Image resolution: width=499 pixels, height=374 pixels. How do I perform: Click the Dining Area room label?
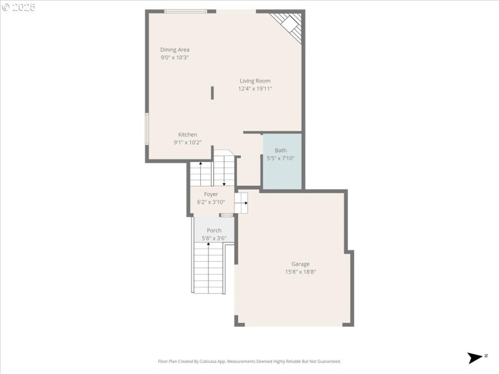tap(175, 50)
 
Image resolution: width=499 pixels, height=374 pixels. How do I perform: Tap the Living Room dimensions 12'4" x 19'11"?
tap(254, 89)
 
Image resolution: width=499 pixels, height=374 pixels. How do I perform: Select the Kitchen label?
tap(188, 135)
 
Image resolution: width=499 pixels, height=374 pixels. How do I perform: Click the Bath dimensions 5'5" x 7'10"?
tap(281, 158)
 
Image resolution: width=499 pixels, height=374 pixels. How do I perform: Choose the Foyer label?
tap(211, 194)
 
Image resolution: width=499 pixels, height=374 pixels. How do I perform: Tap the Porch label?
tap(214, 231)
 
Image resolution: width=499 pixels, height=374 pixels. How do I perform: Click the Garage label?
tap(300, 264)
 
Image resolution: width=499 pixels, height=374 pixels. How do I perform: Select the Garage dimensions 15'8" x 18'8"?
tap(300, 272)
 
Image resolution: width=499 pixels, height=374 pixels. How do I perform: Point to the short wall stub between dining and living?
tap(212, 92)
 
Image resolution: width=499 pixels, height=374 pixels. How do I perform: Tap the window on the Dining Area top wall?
tap(185, 11)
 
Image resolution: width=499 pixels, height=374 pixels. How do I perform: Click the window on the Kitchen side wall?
tap(147, 128)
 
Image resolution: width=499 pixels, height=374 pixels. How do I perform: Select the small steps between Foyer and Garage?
tap(241, 203)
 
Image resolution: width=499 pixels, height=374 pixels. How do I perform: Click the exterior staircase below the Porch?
tap(208, 268)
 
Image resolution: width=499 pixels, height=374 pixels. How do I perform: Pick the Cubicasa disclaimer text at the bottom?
tap(249, 362)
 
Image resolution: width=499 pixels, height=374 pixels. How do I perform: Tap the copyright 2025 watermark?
tap(19, 7)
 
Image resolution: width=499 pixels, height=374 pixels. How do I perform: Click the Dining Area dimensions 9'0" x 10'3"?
tap(175, 57)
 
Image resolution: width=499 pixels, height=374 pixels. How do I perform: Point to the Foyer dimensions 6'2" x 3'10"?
tap(211, 202)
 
